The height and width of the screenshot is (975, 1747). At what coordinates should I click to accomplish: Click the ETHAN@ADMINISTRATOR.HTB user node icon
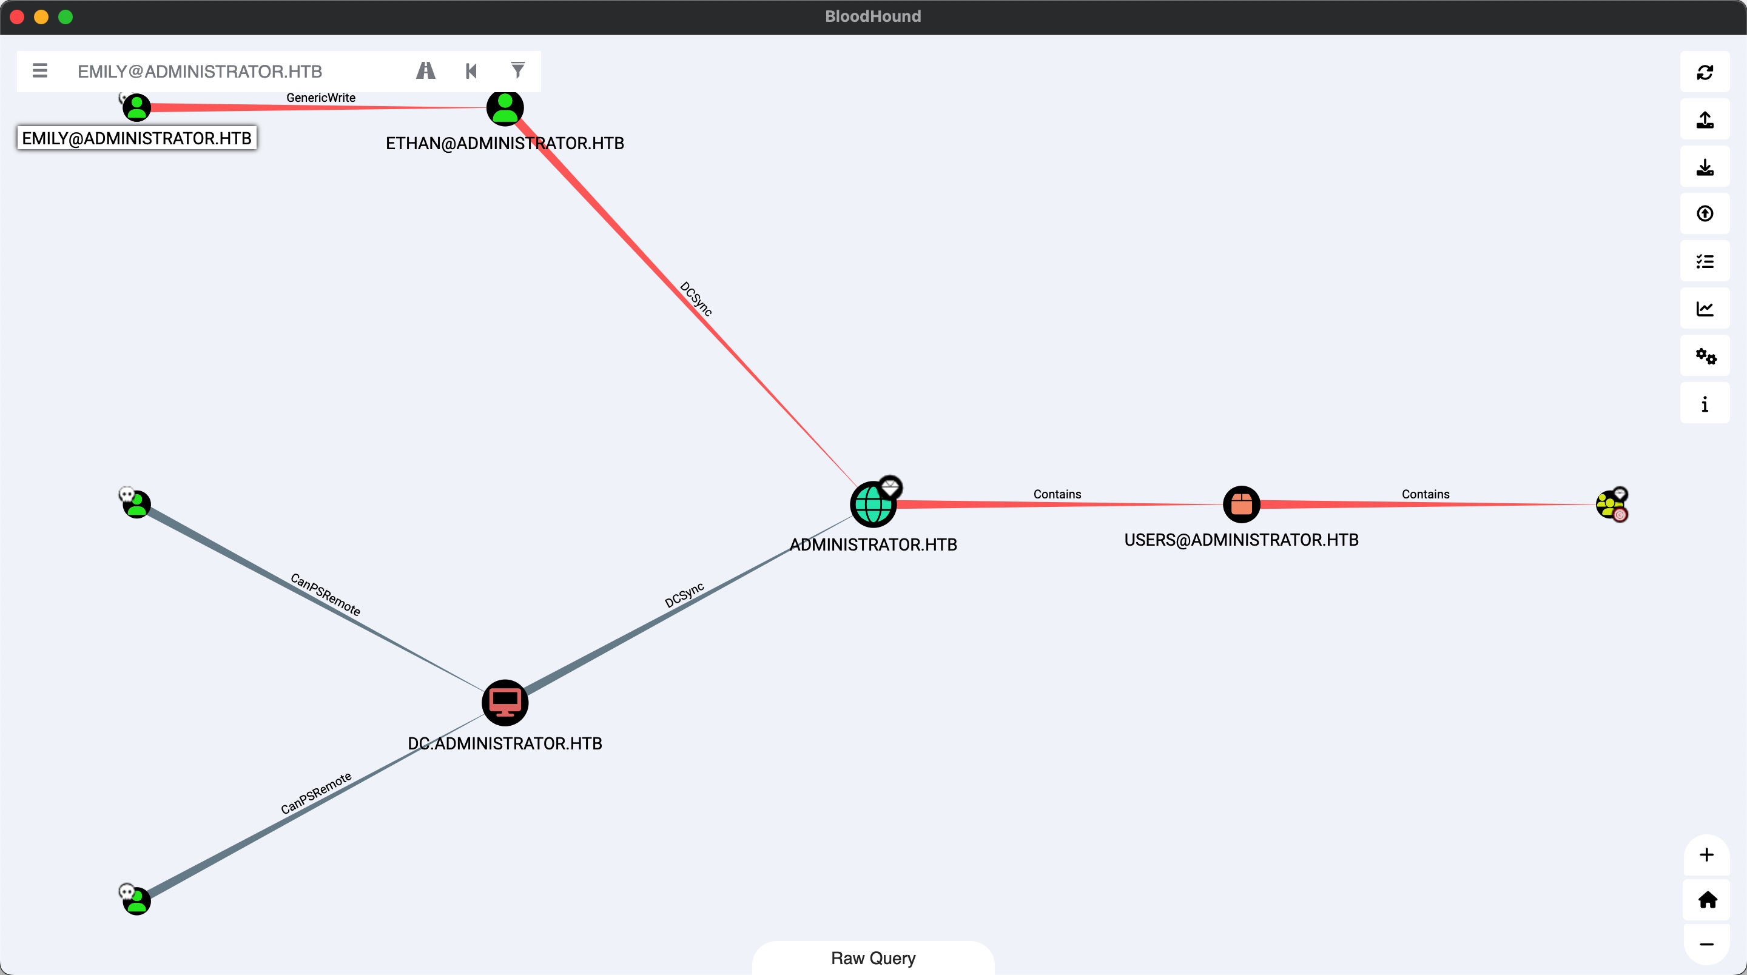tap(505, 108)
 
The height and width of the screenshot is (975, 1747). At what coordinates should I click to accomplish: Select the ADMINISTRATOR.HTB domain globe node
tap(872, 504)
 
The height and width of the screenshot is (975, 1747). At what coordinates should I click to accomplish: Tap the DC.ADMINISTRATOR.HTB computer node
tap(505, 702)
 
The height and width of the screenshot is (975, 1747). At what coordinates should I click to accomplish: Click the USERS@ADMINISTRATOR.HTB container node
tap(1241, 504)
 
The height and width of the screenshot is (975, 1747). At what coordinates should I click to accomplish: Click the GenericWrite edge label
tap(321, 98)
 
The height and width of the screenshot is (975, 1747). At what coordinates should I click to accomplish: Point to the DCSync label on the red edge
tap(696, 298)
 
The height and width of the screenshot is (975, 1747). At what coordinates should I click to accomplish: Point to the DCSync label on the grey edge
tap(684, 595)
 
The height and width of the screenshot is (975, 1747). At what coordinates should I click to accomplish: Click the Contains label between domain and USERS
tap(1057, 494)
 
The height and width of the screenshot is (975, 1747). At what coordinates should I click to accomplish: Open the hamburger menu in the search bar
tap(40, 70)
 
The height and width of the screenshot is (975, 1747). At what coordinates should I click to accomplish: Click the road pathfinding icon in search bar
tap(425, 70)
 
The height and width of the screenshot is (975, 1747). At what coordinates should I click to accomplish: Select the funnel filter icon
tap(517, 70)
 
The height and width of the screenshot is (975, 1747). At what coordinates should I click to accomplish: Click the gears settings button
tap(1705, 356)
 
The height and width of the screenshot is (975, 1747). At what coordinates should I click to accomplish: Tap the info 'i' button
tap(1705, 404)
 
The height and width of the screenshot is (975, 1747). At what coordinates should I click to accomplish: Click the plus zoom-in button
tap(1706, 854)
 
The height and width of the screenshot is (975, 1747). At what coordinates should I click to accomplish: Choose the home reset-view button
tap(1707, 900)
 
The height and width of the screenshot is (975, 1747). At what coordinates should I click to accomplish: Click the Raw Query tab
tap(873, 958)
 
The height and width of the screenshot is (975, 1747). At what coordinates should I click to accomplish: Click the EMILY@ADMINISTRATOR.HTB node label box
tap(137, 138)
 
